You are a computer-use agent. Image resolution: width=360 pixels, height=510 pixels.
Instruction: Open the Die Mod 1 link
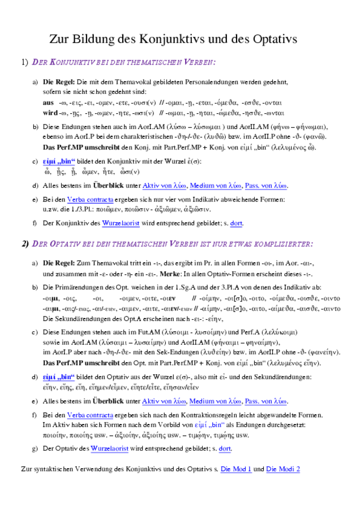tap(236, 469)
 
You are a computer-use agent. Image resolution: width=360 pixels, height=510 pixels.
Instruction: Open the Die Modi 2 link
tap(283, 469)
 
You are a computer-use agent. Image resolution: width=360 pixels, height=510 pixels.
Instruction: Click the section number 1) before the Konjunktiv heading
tap(24, 62)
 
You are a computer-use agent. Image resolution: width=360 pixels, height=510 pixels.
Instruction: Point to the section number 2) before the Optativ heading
tap(24, 244)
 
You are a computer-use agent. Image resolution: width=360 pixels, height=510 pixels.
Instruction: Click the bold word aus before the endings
tap(49, 103)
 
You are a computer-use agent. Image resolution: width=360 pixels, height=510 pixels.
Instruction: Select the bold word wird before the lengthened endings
tap(50, 112)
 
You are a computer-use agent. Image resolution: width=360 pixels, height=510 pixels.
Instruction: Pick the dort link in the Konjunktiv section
tap(237, 223)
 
